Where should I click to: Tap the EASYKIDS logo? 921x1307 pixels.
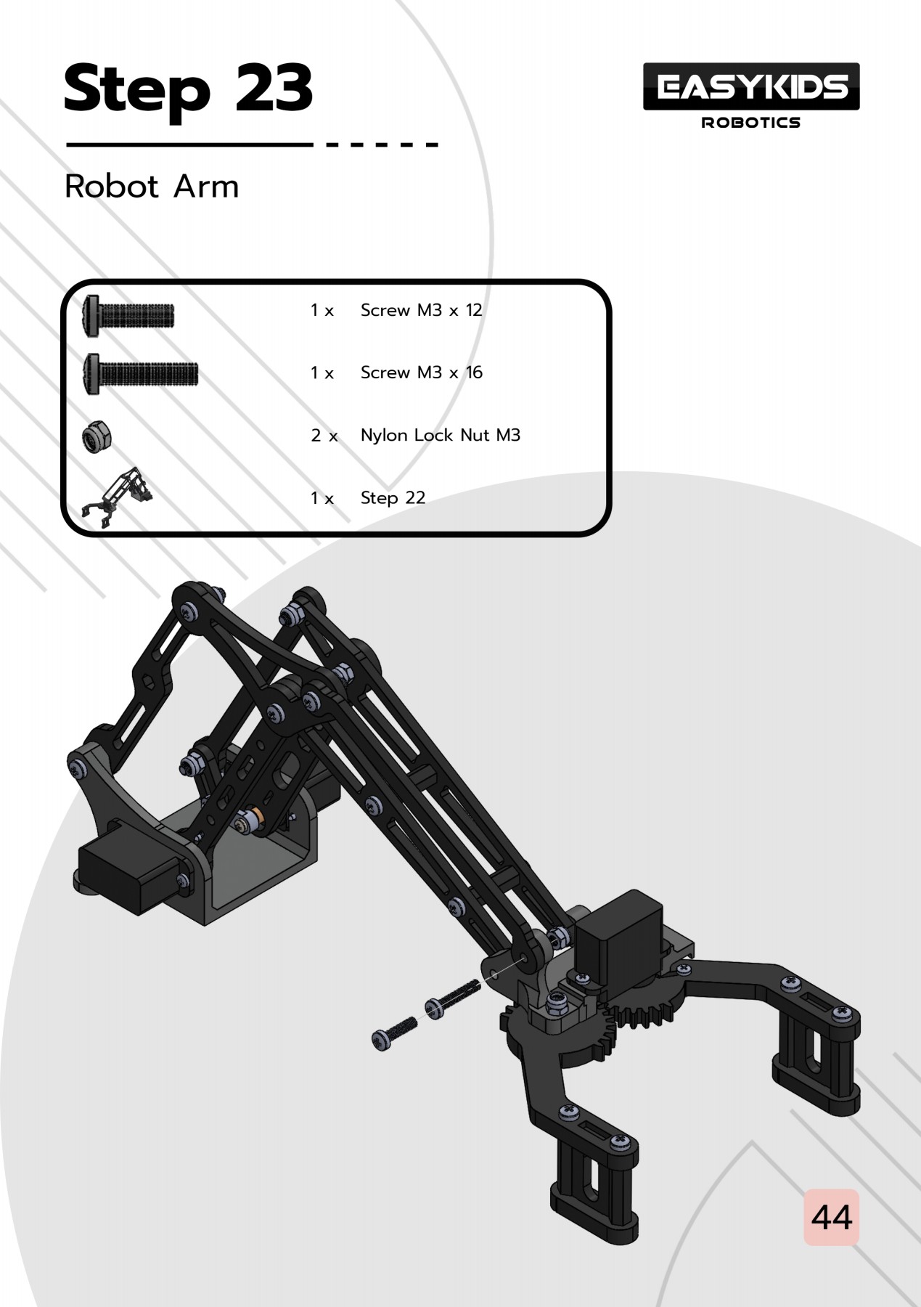751,87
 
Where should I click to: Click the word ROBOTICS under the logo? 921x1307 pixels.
751,123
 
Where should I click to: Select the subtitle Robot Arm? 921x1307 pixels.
152,187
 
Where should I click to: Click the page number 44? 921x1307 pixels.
831,1218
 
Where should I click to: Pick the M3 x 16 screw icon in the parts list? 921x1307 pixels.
141,375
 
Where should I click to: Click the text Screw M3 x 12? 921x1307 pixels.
421,311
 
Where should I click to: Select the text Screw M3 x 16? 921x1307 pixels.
421,373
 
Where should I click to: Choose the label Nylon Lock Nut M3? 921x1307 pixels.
441,436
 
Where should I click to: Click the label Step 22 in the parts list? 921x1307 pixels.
393,498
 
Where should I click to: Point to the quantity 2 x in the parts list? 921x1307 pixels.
324,436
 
